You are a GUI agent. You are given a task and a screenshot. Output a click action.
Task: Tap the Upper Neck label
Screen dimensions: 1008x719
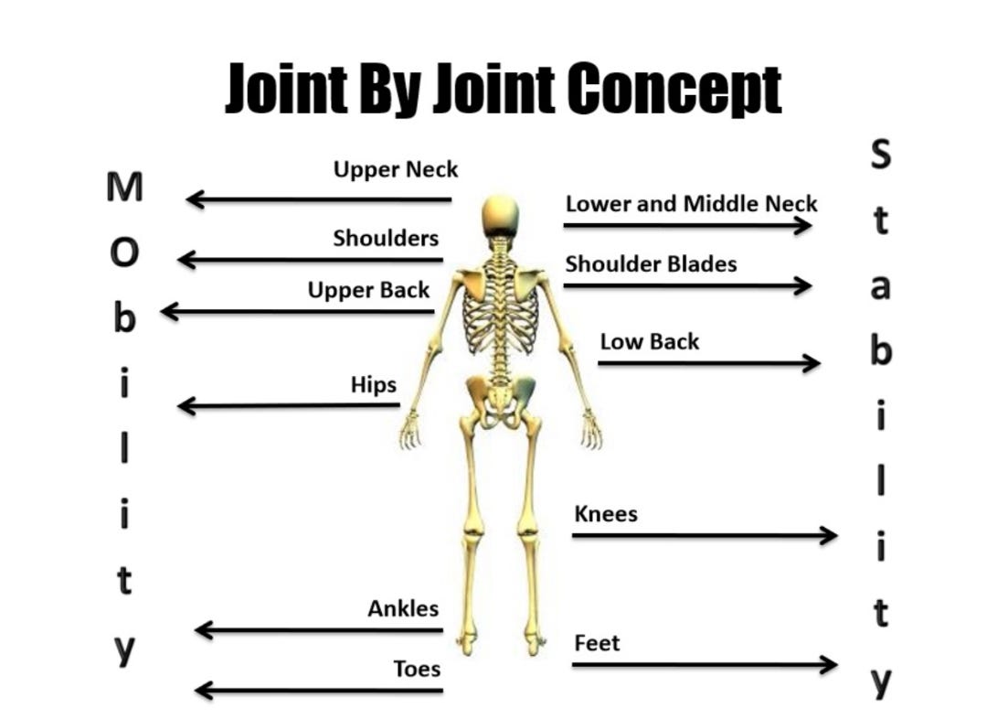[395, 170]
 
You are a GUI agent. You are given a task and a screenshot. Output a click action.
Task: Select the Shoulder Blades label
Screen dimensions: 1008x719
[651, 264]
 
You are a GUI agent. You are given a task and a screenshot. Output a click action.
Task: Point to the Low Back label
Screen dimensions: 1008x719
[649, 342]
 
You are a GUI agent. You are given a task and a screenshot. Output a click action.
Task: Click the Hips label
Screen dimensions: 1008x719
[373, 384]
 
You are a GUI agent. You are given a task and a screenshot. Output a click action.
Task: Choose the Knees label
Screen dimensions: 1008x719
[605, 514]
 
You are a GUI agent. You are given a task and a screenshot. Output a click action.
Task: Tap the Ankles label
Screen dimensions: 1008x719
[403, 608]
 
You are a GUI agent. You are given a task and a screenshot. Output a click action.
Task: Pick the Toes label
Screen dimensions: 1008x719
[417, 669]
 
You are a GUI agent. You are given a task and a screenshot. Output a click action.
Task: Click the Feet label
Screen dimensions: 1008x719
[597, 643]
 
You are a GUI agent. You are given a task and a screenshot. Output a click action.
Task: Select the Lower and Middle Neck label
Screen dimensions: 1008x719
[691, 203]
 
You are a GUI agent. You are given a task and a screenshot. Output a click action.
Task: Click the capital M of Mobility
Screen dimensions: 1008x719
[125, 188]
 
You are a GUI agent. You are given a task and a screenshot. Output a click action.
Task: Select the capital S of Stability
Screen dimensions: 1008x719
[879, 156]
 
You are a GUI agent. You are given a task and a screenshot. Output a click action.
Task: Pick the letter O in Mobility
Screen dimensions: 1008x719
[125, 253]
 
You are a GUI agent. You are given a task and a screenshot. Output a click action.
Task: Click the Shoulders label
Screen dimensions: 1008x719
[385, 239]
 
